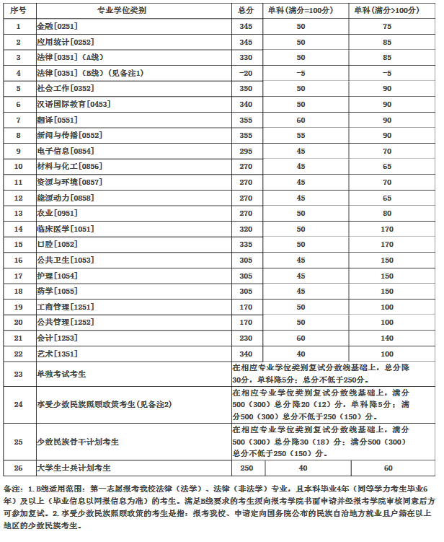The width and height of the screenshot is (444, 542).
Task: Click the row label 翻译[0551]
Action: pyautogui.click(x=52, y=120)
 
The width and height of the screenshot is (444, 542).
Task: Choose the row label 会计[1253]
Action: pyautogui.click(x=52, y=338)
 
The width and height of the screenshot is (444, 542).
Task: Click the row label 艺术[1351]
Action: pyautogui.click(x=52, y=354)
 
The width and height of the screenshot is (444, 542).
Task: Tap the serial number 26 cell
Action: pyautogui.click(x=19, y=467)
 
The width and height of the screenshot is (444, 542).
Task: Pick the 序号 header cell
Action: pyautogui.click(x=19, y=11)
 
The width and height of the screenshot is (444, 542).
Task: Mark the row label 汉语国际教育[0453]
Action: pyautogui.click(x=73, y=104)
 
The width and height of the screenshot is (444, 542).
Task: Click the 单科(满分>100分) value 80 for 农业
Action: pyautogui.click(x=387, y=213)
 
